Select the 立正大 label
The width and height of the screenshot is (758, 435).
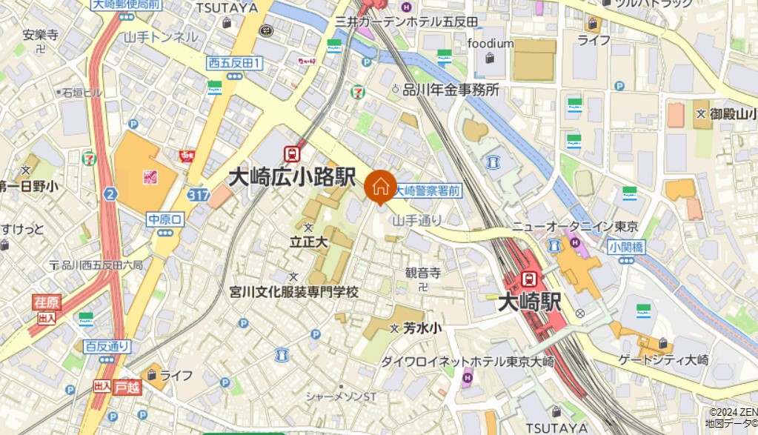[308, 242]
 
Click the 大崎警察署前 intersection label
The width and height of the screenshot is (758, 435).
[428, 190]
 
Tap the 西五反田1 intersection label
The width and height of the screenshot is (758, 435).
[234, 64]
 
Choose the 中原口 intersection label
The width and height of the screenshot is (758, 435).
[164, 219]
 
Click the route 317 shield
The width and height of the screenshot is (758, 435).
[198, 194]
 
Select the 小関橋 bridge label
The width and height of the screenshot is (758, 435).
[626, 246]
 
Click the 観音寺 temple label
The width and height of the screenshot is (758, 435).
[423, 273]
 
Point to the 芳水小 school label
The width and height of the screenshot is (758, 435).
[422, 328]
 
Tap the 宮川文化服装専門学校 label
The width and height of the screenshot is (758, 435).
[294, 292]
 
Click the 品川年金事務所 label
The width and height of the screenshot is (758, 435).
[451, 90]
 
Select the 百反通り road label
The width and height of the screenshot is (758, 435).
[107, 346]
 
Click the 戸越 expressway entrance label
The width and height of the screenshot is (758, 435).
[127, 386]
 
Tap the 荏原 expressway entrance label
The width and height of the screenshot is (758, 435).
[47, 302]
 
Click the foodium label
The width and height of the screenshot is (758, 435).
[490, 44]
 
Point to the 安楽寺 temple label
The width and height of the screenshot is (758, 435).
[41, 34]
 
